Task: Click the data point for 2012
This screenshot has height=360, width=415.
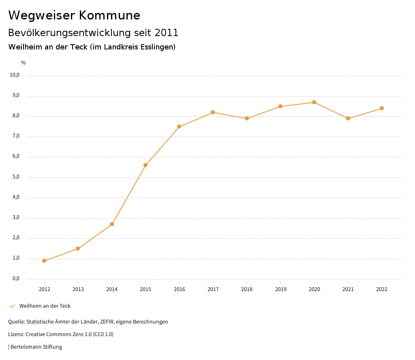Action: [x=44, y=261]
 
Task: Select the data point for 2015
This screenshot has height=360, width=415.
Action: [x=145, y=165]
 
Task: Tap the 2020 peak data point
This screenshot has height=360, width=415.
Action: [x=314, y=102]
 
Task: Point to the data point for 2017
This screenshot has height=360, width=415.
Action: [x=213, y=112]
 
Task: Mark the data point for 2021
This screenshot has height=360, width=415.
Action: [x=348, y=118]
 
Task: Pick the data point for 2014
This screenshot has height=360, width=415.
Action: [x=112, y=224]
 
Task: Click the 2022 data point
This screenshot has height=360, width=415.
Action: [x=382, y=108]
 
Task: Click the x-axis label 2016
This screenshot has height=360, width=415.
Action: [x=179, y=289]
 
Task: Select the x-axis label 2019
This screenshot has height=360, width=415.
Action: [x=280, y=289]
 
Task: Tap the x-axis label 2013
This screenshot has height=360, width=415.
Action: [x=78, y=289]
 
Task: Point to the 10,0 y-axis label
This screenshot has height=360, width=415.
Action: [x=15, y=75]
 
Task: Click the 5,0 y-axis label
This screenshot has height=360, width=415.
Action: [x=16, y=177]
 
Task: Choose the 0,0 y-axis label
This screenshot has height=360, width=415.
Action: [x=16, y=279]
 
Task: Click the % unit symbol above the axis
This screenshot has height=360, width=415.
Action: [x=24, y=63]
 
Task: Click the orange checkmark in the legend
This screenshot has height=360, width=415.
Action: [x=12, y=306]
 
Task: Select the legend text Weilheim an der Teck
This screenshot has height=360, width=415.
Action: [x=45, y=306]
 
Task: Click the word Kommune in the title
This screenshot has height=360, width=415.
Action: [x=109, y=15]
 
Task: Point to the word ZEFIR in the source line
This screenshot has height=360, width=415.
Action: [x=107, y=322]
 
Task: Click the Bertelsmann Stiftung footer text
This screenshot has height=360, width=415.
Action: [x=36, y=347]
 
